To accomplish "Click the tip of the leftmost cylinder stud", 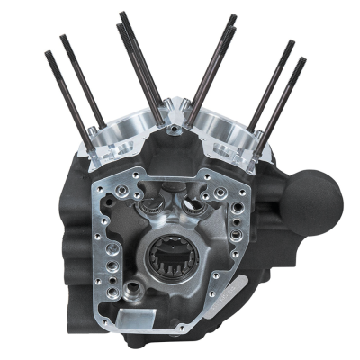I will click(x=46, y=55).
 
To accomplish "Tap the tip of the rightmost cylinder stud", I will click(x=301, y=61).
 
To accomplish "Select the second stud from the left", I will click(x=65, y=39).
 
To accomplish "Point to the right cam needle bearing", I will click(x=193, y=206).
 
